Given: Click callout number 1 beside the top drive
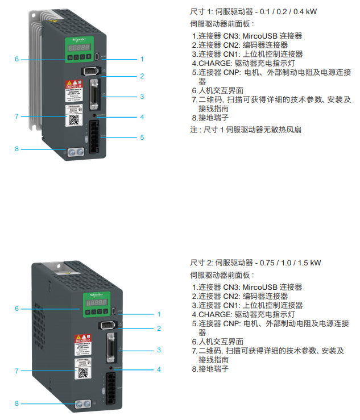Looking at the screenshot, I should [x=142, y=59].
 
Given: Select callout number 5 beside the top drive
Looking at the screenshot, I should [x=142, y=137].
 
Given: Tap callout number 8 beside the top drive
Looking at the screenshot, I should [x=17, y=149].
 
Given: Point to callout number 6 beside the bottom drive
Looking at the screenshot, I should [x=17, y=308].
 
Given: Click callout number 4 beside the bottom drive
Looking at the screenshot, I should [x=159, y=369].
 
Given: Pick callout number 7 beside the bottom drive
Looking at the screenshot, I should [x=17, y=371].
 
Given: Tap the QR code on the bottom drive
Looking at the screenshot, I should [x=82, y=373].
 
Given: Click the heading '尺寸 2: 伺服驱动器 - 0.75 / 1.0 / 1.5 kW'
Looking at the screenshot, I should [x=255, y=263].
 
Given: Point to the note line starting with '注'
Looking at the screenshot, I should [x=245, y=130].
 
